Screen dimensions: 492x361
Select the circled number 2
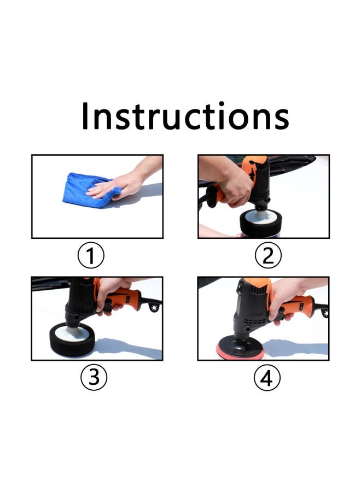pyautogui.click(x=267, y=255)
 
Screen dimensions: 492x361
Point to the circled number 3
pyautogui.click(x=94, y=378)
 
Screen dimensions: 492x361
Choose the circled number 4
pyautogui.click(x=266, y=378)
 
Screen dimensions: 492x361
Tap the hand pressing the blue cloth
pyautogui.click(x=118, y=185)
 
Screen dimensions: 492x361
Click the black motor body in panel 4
pyautogui.click(x=249, y=306)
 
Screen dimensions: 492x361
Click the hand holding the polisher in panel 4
pyautogui.click(x=284, y=295)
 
